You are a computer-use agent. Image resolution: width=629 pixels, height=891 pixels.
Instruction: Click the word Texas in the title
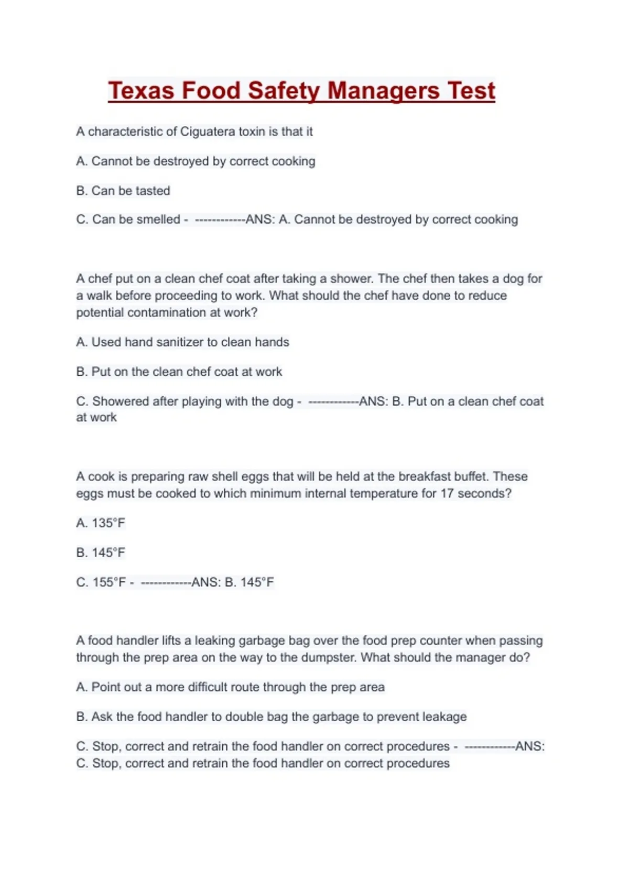pos(140,91)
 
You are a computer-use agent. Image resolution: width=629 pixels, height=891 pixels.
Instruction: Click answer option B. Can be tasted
pos(123,191)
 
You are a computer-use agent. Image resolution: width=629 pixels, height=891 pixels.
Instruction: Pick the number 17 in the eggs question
pos(447,494)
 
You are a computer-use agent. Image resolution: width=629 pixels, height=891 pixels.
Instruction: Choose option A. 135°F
pos(101,523)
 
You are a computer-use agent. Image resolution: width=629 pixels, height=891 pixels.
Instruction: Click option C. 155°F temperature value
pos(109,582)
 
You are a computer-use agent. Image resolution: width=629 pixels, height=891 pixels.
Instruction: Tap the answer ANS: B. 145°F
pos(233,582)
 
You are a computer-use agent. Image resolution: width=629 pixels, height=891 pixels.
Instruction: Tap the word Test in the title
pos(471,91)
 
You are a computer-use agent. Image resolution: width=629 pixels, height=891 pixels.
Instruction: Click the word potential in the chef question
pos(100,313)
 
